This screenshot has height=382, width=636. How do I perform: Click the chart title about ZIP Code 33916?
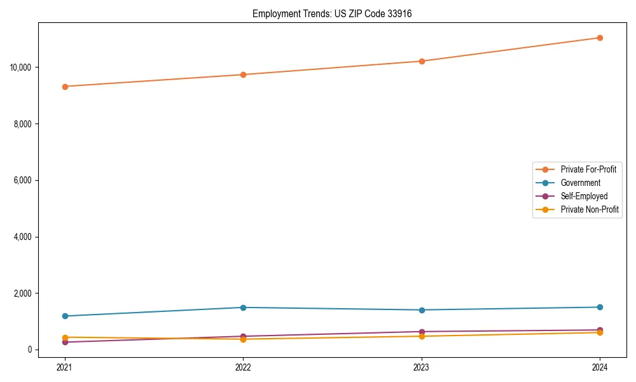(x=332, y=13)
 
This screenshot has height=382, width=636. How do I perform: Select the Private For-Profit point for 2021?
(x=65, y=87)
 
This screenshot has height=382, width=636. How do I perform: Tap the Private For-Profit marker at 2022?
(x=243, y=74)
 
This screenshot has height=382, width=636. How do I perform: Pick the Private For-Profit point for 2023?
(x=422, y=61)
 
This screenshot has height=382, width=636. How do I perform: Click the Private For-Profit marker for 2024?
(x=600, y=38)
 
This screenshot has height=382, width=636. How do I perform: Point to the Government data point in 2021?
(x=65, y=316)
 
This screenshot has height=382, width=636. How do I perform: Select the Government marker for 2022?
(x=243, y=308)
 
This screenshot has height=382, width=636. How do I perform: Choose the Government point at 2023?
(x=422, y=310)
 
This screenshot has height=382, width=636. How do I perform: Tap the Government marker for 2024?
(x=600, y=307)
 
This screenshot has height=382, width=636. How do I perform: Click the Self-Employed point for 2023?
(x=422, y=332)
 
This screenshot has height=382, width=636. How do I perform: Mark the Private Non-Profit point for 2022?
(x=243, y=339)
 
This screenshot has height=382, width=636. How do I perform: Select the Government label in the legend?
(x=580, y=183)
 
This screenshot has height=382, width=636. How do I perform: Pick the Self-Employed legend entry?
(x=584, y=196)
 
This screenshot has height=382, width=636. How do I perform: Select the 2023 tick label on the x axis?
(x=422, y=367)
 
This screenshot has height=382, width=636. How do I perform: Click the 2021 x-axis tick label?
(x=65, y=367)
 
